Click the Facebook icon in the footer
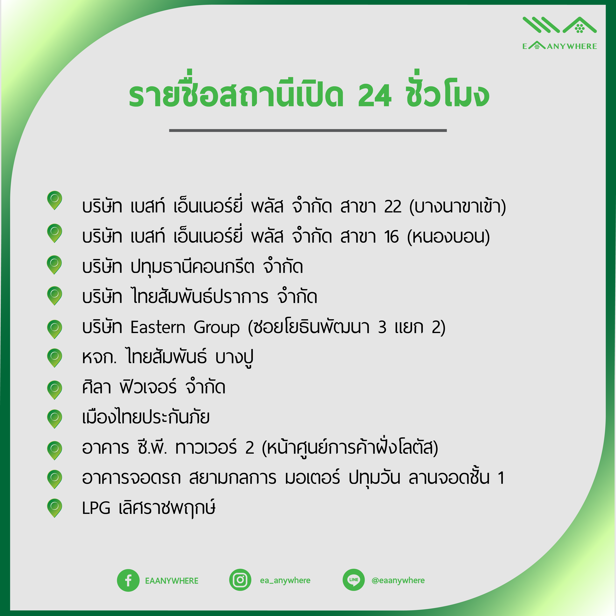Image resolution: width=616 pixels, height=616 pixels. [128, 580]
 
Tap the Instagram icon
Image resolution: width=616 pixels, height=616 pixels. [240, 580]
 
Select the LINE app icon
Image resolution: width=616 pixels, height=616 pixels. [353, 580]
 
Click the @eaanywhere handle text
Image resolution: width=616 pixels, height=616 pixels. [398, 580]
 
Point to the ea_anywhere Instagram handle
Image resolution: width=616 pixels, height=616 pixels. [285, 580]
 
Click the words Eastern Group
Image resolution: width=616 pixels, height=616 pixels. [185, 327]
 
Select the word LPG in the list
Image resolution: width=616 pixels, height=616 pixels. [96, 508]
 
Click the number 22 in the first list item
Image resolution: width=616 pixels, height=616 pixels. [393, 207]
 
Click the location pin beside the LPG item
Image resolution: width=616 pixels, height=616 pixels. [54, 508]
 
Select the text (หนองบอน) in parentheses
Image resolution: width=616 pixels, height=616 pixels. [448, 237]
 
